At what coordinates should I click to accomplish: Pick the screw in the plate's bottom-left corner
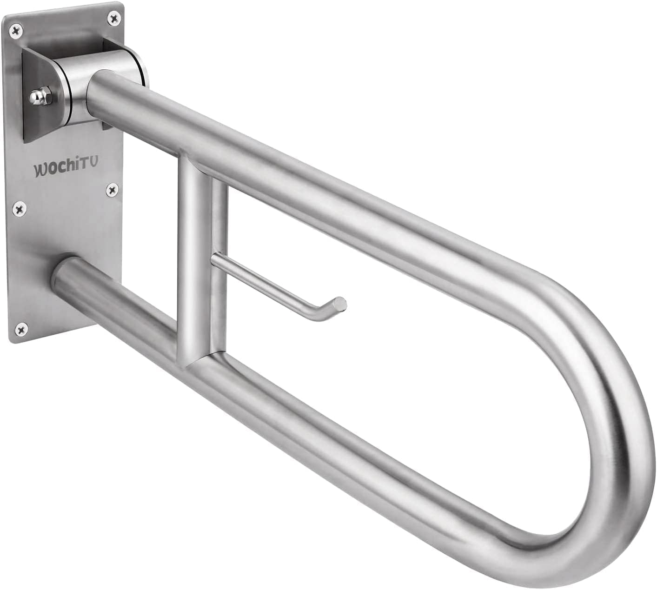[x=20, y=330]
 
